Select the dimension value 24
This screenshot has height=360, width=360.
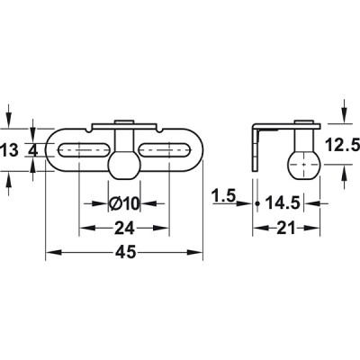pos(124,228)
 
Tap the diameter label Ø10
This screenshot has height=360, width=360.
pos(124,203)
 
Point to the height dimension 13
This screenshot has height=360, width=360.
pos(10,150)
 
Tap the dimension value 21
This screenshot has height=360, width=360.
pos(287,227)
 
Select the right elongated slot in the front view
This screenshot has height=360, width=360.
pos(166,150)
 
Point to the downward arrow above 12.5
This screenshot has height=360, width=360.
pos(345,115)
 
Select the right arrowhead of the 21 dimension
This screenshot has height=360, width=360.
pos(319,227)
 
